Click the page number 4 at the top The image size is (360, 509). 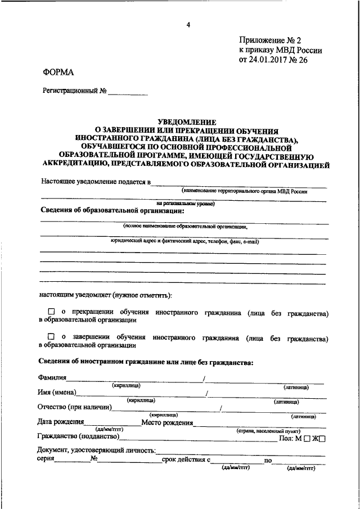(188, 24)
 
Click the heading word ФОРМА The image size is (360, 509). (58, 71)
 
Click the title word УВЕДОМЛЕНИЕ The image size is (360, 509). (186, 121)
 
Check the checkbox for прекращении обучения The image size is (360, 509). (51, 311)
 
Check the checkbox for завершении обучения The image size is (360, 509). (51, 337)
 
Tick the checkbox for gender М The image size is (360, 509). (307, 439)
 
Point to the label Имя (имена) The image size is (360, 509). (57, 393)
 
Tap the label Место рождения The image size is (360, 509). (167, 422)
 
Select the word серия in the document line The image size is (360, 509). (46, 460)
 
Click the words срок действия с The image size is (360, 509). (185, 460)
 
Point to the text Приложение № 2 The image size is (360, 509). (270, 40)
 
